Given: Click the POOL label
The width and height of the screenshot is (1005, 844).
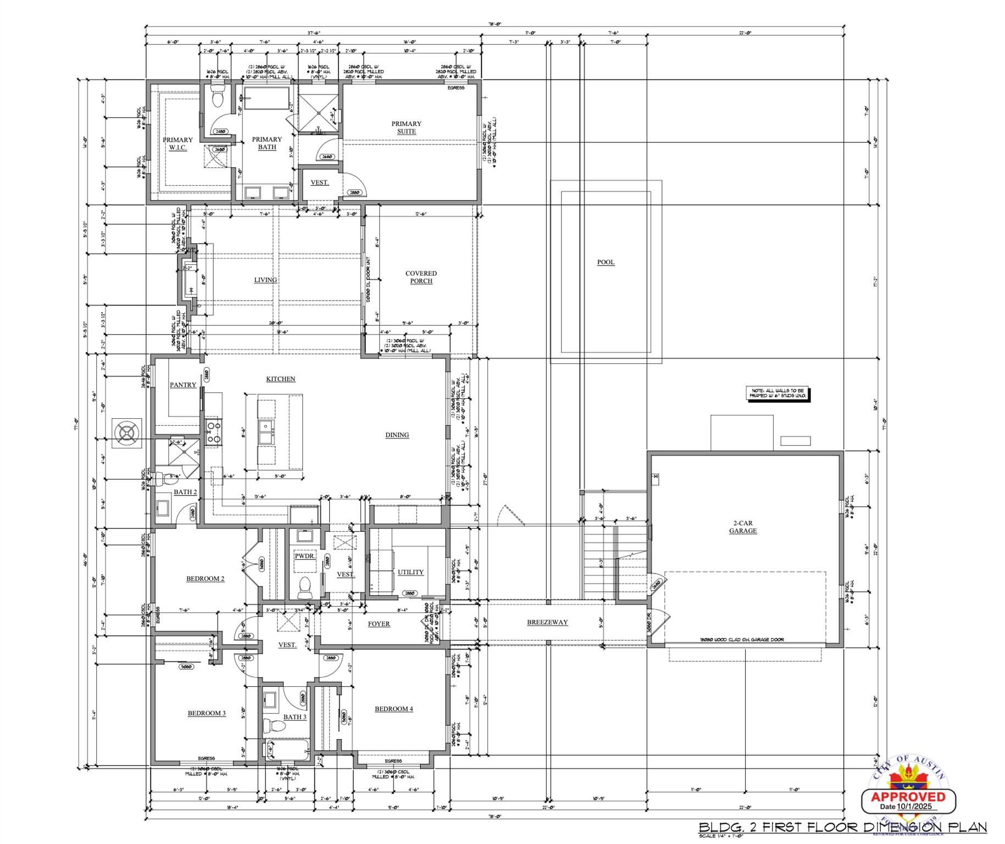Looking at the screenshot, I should click(x=606, y=262).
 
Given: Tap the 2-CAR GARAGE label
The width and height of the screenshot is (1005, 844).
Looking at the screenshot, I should click(x=742, y=527).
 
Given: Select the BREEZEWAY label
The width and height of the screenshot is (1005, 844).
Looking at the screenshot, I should click(x=547, y=622).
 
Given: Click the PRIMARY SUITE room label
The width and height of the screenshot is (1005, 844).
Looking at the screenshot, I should click(x=406, y=127).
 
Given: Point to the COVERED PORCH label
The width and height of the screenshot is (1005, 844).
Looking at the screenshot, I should click(x=421, y=277).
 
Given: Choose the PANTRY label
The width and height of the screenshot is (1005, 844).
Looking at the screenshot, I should click(x=182, y=385).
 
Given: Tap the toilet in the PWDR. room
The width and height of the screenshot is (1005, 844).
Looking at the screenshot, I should click(x=304, y=587).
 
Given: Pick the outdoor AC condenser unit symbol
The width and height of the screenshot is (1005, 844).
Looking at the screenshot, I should click(x=127, y=433).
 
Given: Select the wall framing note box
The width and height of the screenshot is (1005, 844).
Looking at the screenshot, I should click(x=779, y=393).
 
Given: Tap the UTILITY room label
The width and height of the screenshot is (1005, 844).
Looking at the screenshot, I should click(x=410, y=572).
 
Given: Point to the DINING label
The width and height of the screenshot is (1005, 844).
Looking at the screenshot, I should click(x=397, y=435).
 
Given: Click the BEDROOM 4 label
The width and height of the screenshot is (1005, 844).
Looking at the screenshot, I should click(x=393, y=709).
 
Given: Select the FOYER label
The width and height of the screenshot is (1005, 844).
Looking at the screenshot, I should click(x=379, y=624).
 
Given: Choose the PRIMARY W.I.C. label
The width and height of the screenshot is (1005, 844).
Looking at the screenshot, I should click(x=177, y=143).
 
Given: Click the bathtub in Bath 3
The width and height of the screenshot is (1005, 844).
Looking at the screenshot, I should click(x=286, y=749).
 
